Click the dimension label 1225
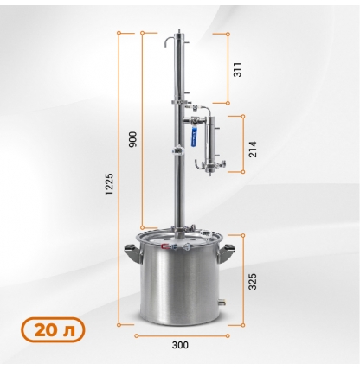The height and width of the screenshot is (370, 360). coord(109,184)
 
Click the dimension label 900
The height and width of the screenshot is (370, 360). coord(132,139)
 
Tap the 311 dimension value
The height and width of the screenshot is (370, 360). coord(237,69)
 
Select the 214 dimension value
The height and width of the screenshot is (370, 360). coord(253,149)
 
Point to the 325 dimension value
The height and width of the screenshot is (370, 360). coord(253,281)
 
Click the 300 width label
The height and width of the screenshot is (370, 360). coord(180,345)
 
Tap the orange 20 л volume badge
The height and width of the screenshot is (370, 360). coord(53,329)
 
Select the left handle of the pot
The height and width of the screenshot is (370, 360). coord(133,253)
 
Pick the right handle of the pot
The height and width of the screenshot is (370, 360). coord(227,253)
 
